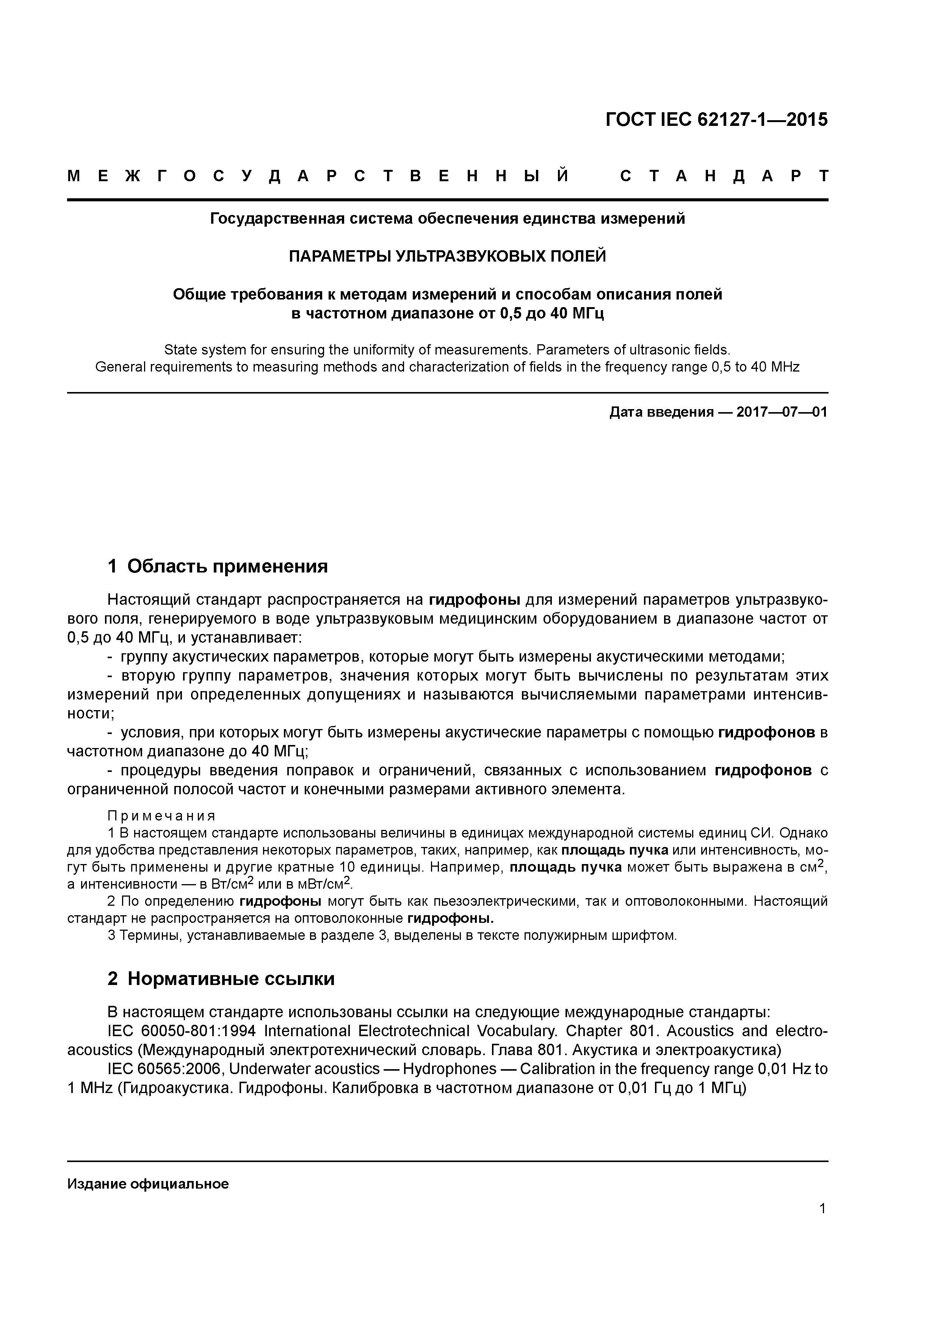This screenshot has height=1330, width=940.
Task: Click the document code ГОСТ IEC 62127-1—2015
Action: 716,119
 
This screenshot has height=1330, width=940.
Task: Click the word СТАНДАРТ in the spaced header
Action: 724,176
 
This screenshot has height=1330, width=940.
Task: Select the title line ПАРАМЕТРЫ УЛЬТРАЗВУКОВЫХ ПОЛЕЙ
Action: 447,256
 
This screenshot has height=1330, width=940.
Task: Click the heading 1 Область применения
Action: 218,566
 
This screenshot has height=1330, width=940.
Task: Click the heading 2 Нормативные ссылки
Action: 221,979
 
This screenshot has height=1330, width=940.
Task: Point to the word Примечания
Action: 161,816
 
